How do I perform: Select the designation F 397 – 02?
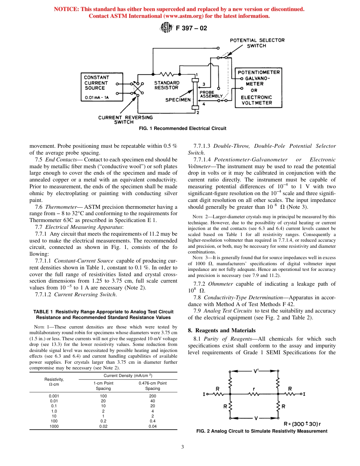click(x=191, y=28)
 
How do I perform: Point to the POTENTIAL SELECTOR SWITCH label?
click(x=257, y=43)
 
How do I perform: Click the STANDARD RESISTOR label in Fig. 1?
click(x=166, y=85)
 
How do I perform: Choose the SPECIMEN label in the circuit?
click(x=178, y=100)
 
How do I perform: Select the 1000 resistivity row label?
click(x=54, y=426)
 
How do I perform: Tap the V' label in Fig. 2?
click(x=256, y=372)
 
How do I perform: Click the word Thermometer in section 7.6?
click(x=60, y=207)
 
